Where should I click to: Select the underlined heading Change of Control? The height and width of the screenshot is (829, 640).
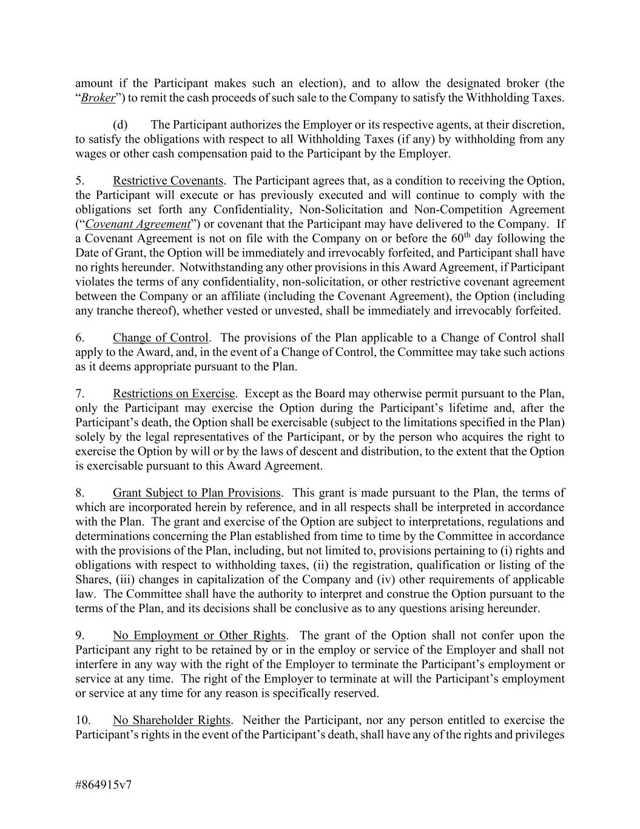tap(160, 338)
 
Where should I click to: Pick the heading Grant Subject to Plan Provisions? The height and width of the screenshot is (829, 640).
tap(197, 493)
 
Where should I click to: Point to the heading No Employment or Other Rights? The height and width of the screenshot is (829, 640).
tap(199, 635)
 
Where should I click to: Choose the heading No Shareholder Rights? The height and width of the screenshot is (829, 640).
tap(171, 720)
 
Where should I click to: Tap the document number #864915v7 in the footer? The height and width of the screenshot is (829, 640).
tap(104, 784)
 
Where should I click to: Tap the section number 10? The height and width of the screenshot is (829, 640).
tap(83, 720)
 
